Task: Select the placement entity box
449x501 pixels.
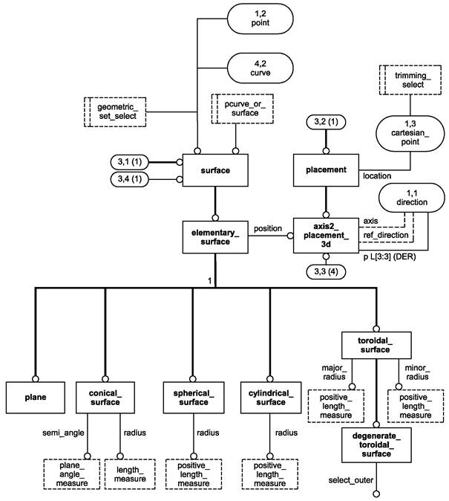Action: [325, 170]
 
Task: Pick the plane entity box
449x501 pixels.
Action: [33, 397]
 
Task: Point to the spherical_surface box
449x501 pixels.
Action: [193, 397]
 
